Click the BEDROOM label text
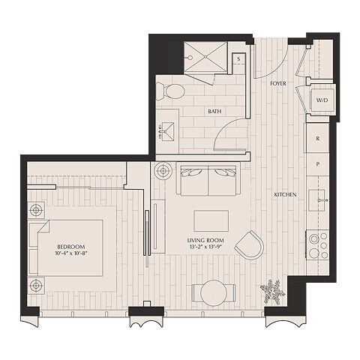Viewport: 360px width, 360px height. click(x=70, y=247)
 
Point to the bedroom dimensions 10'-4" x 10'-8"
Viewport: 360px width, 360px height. click(x=70, y=254)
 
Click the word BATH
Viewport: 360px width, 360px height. click(x=214, y=112)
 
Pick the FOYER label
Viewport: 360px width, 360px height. click(x=278, y=84)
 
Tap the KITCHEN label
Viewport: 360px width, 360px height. click(x=286, y=194)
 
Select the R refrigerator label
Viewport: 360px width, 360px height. click(x=318, y=139)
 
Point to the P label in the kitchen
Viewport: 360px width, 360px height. click(x=318, y=163)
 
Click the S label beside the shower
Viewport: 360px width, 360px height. click(x=238, y=59)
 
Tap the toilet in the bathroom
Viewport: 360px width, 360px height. click(x=172, y=92)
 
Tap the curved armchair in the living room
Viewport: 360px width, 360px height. click(x=249, y=245)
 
